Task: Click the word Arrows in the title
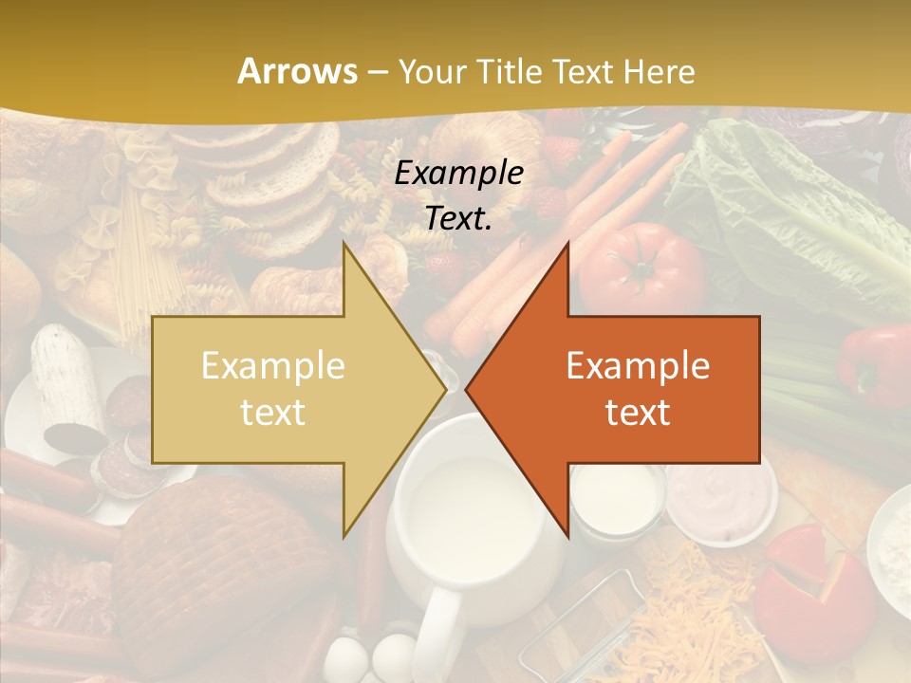tap(297, 71)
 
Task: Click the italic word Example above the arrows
tap(458, 173)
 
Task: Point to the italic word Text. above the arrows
tap(458, 218)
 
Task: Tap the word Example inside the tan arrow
tap(273, 366)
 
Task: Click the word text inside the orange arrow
tap(638, 412)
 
